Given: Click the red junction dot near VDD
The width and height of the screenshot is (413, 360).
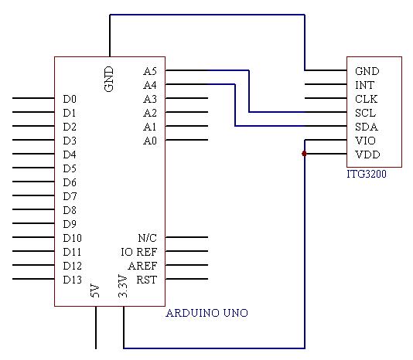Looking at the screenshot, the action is pos(304,154).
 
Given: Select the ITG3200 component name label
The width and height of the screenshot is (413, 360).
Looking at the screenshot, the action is pos(367,175).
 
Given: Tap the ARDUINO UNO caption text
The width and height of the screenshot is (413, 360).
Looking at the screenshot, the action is pos(206,313).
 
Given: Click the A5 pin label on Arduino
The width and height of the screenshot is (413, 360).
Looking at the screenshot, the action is pos(150,71).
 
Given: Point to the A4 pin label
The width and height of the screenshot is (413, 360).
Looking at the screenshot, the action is pos(150,85).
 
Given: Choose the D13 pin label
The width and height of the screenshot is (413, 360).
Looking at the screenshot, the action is pos(73,280).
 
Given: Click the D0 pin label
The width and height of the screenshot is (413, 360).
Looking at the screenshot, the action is pos(70,99).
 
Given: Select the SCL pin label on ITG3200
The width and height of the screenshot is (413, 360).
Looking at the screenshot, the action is pos(365,113).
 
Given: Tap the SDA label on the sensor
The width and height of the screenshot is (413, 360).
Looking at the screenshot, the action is pos(367,127).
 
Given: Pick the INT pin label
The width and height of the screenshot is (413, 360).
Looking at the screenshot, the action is pos(364,85).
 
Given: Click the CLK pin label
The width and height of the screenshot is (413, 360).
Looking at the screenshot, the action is pos(366,99).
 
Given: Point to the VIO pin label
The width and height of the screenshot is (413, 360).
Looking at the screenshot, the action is pos(365,141).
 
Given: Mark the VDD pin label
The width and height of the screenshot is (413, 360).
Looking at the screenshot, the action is pos(367,155).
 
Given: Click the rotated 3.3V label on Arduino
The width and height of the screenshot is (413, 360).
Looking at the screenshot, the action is pos(123,286).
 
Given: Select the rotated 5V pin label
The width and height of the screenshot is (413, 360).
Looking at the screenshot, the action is pos(95,290).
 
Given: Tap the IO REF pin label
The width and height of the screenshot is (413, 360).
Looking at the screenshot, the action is pos(139,252).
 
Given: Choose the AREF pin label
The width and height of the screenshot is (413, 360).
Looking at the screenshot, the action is pos(142,266).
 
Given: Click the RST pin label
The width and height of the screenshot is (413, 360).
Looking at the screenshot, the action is pos(147,280).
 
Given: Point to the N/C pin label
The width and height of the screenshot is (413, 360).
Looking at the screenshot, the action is pos(148,238).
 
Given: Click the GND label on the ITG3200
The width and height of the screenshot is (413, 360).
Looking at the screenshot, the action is pos(367,71).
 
